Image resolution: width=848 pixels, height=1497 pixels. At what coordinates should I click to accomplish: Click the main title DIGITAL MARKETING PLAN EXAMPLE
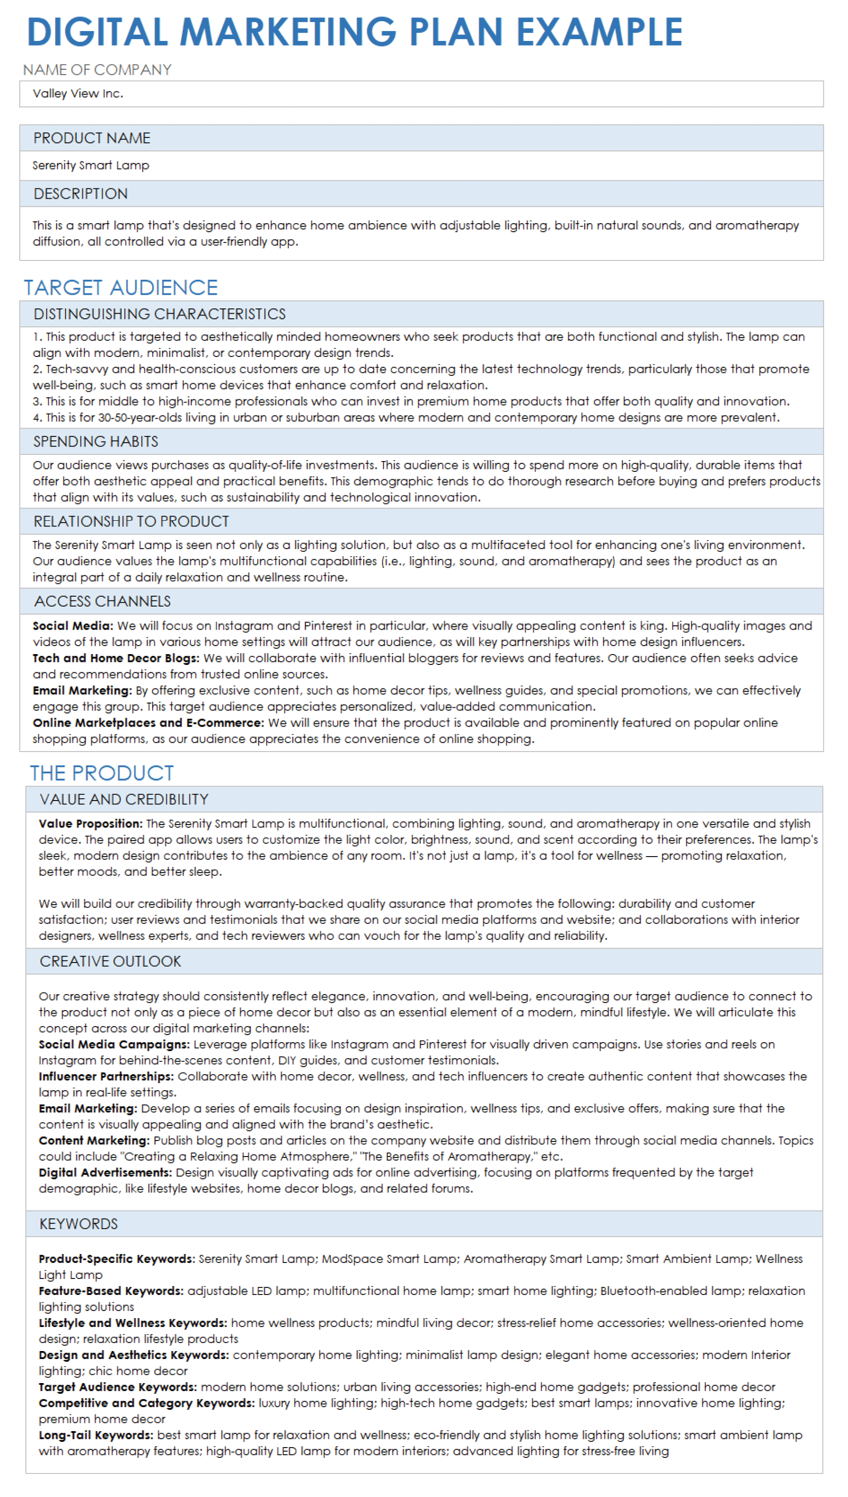pos(354,32)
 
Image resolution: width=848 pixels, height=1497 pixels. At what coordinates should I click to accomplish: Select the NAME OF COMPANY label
pos(97,70)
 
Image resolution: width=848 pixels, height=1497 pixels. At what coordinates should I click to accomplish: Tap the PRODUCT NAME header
pos(92,138)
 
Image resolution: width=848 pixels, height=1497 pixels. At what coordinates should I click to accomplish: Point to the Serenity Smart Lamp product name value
pos(91,165)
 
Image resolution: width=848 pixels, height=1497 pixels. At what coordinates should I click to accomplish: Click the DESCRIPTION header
pos(81,194)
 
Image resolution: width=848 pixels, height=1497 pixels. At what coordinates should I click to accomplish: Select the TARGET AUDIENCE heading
pos(121,288)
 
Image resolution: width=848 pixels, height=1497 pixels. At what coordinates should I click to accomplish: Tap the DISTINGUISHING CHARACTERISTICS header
pos(160,314)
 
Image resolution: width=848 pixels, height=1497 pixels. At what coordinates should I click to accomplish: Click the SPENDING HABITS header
pos(96,442)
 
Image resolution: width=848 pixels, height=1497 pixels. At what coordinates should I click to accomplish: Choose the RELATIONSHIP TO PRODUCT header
pos(131,521)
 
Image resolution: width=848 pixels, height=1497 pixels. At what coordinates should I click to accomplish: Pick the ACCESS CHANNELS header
pos(103,601)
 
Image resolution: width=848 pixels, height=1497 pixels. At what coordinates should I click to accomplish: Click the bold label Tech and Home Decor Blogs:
pos(116,658)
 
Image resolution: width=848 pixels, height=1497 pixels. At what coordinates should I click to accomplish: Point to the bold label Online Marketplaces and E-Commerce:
pos(148,723)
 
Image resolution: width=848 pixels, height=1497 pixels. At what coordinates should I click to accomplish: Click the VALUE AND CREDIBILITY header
pos(124,800)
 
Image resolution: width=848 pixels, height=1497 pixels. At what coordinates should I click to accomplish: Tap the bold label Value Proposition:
pos(91,824)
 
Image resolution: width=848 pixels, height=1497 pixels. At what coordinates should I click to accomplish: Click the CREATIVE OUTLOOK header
pos(110,962)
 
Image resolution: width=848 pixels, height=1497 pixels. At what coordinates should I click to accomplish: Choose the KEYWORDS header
pos(79,1224)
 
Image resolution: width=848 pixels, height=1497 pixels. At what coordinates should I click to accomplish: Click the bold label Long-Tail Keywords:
pos(96,1435)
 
